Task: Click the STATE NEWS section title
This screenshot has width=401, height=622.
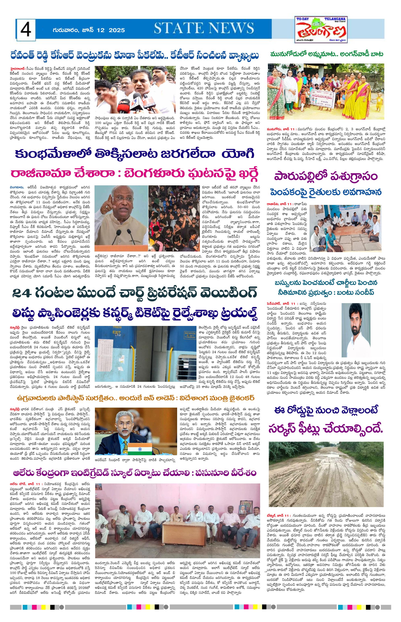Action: pyautogui.click(x=204, y=28)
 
